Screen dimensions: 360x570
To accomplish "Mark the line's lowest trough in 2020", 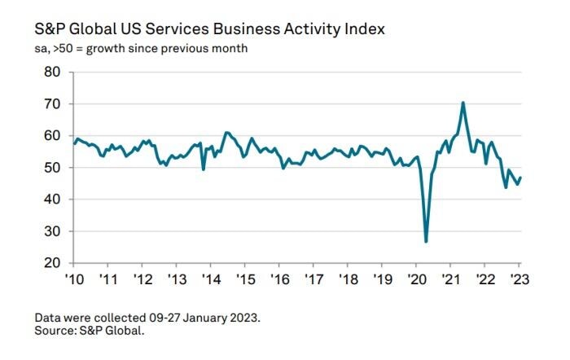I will click(x=426, y=241).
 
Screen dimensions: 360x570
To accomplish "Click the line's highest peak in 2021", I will click(x=463, y=103).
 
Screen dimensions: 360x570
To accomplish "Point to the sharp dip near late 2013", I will click(x=203, y=169).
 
